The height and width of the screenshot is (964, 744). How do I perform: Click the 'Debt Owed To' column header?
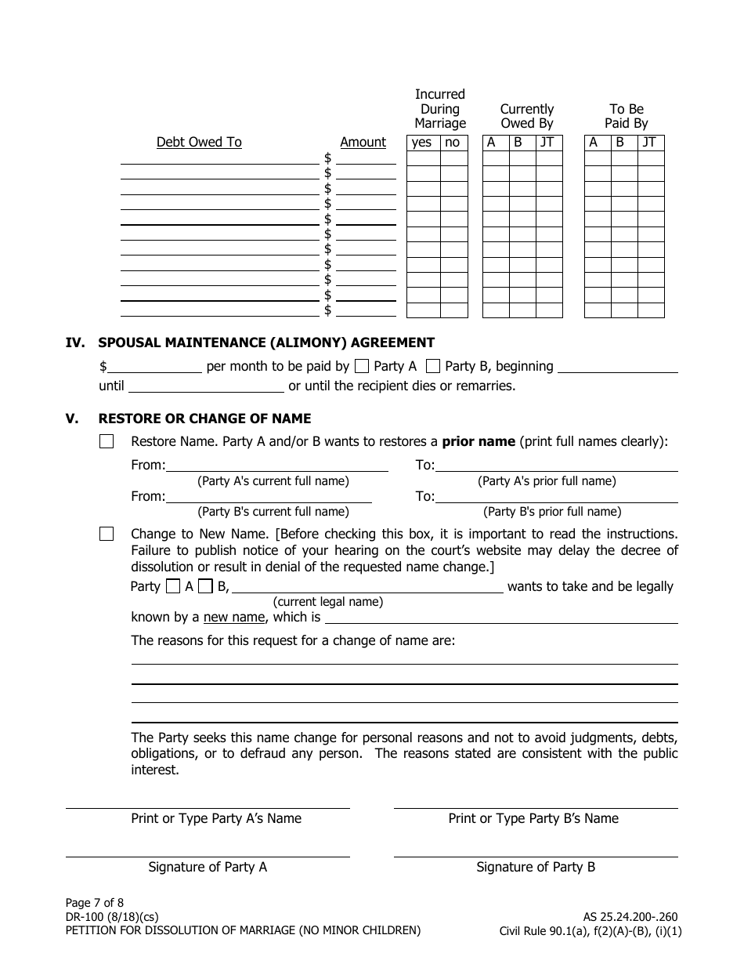click(x=199, y=142)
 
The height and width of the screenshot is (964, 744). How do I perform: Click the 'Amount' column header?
click(x=363, y=142)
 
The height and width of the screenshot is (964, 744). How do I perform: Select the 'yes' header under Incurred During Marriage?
click(x=421, y=142)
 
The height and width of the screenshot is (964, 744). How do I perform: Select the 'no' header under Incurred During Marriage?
click(x=453, y=142)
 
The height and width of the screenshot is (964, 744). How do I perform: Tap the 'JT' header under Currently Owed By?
click(x=547, y=142)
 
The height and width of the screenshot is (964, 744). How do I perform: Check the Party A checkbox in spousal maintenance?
click(x=362, y=365)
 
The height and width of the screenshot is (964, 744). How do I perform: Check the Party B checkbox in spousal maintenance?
click(x=432, y=365)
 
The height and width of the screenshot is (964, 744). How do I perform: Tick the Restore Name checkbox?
click(x=107, y=441)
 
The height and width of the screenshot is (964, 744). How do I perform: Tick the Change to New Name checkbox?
click(x=107, y=534)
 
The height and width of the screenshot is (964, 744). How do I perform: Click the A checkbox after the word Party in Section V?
click(x=173, y=585)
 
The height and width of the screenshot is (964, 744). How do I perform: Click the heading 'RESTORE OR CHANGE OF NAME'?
click(x=204, y=419)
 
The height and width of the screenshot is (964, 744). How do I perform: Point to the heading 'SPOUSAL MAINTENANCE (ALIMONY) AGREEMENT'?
click(x=266, y=342)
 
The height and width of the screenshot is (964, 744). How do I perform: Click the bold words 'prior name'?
click(x=479, y=441)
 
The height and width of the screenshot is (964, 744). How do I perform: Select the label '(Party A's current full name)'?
click(x=273, y=480)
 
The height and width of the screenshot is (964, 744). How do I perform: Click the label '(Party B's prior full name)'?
click(x=552, y=511)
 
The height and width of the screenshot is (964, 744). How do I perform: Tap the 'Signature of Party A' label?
click(x=208, y=867)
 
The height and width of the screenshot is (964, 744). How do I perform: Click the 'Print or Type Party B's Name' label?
click(x=533, y=818)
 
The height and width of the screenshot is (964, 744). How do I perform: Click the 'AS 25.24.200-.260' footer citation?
click(x=630, y=916)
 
